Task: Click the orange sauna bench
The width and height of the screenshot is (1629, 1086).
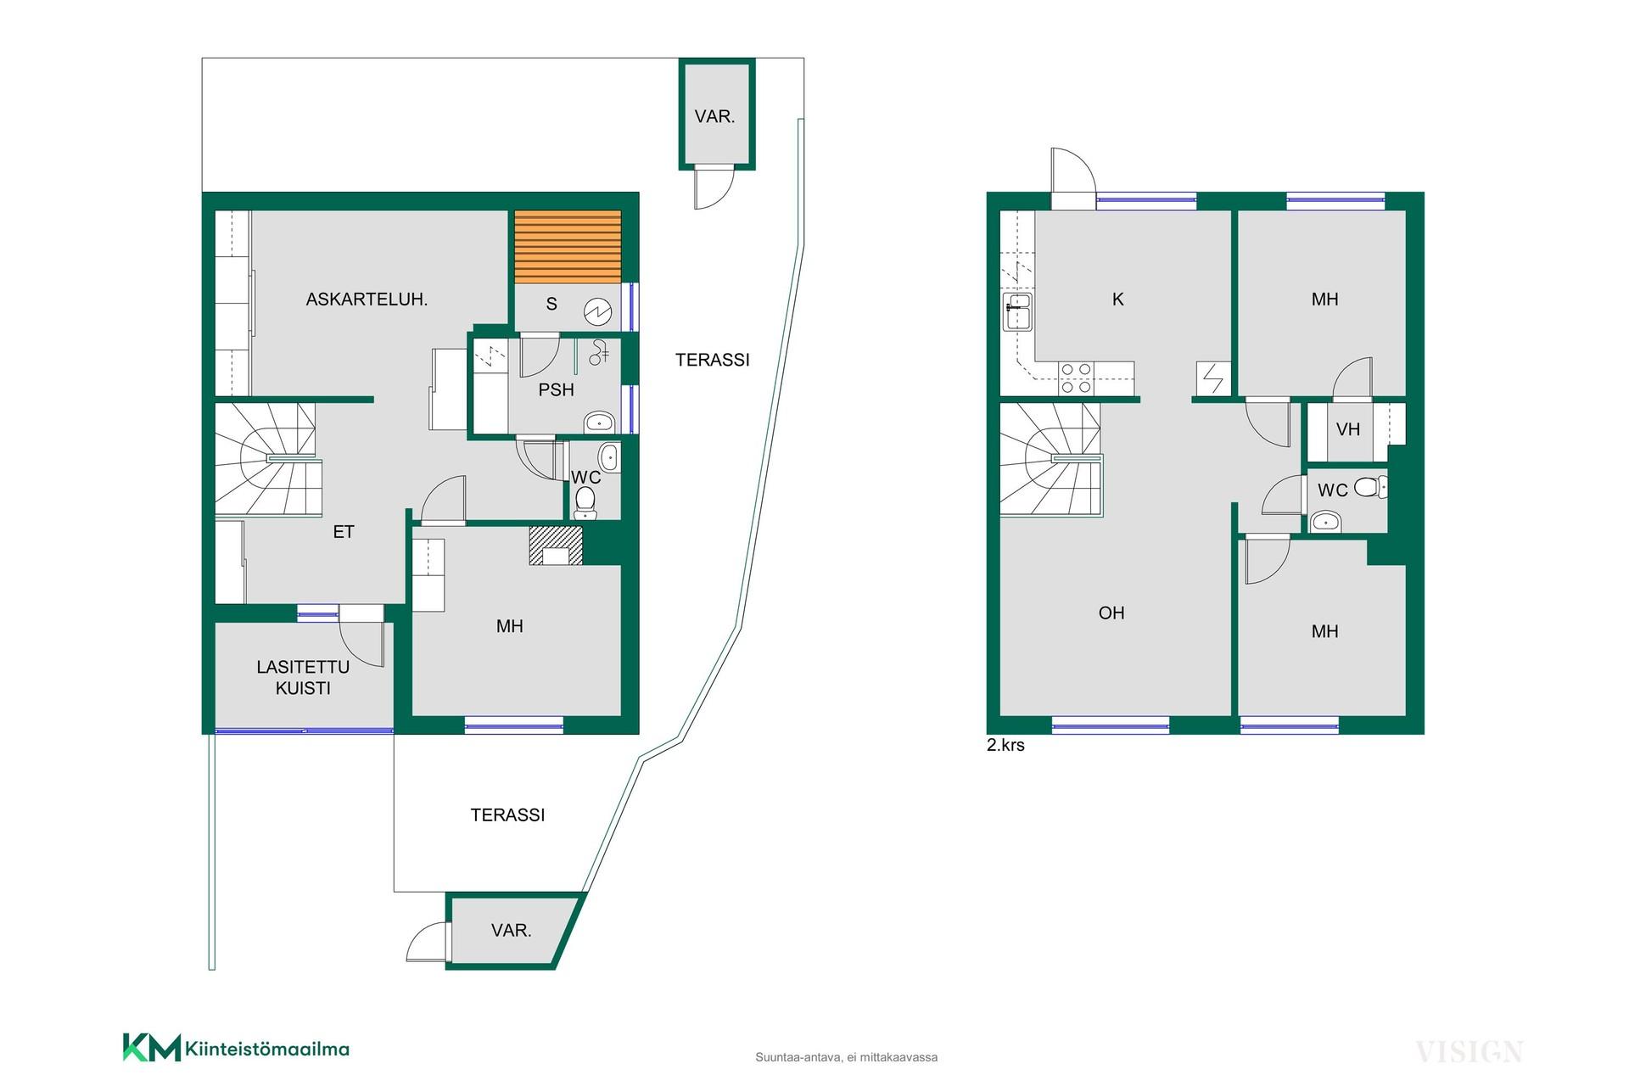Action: click(x=568, y=247)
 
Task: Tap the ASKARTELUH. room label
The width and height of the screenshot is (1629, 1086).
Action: click(x=367, y=299)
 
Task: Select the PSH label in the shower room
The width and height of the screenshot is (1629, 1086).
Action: click(x=557, y=390)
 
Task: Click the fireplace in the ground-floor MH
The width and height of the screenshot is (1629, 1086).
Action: click(x=556, y=546)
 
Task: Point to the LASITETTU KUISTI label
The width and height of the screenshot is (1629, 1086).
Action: click(x=303, y=678)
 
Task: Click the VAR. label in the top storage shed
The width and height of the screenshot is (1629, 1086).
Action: click(x=715, y=117)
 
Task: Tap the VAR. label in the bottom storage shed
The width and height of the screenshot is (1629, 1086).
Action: click(x=512, y=931)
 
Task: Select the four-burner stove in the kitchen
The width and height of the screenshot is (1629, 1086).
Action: click(x=1077, y=378)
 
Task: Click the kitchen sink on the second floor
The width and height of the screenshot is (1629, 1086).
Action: click(x=1017, y=312)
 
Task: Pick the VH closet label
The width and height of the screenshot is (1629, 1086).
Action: click(x=1348, y=430)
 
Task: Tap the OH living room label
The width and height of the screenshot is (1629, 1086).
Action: click(x=1111, y=613)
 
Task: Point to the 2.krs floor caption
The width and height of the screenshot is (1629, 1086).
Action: click(x=1005, y=746)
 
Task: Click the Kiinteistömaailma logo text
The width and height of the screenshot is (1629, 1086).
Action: click(x=267, y=1050)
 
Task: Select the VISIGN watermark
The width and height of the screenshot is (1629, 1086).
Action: click(x=1469, y=1052)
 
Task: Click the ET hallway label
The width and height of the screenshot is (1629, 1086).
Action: click(x=344, y=533)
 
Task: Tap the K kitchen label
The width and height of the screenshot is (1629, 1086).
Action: click(x=1118, y=299)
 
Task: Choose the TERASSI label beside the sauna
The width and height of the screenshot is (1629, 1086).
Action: click(x=713, y=361)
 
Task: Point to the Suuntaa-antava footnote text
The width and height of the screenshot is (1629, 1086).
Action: click(x=847, y=1057)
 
